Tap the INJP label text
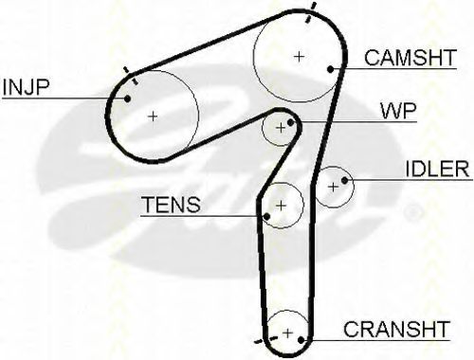[27, 88]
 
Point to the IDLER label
[438, 170]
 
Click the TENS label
[171, 205]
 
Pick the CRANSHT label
[396, 330]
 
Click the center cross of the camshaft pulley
[300, 56]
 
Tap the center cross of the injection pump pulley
[154, 116]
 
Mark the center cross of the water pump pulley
[280, 127]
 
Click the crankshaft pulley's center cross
[286, 333]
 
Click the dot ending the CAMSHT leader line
[329, 69]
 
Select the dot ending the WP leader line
[296, 124]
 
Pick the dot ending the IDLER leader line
[347, 179]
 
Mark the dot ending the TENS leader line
[267, 217]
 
